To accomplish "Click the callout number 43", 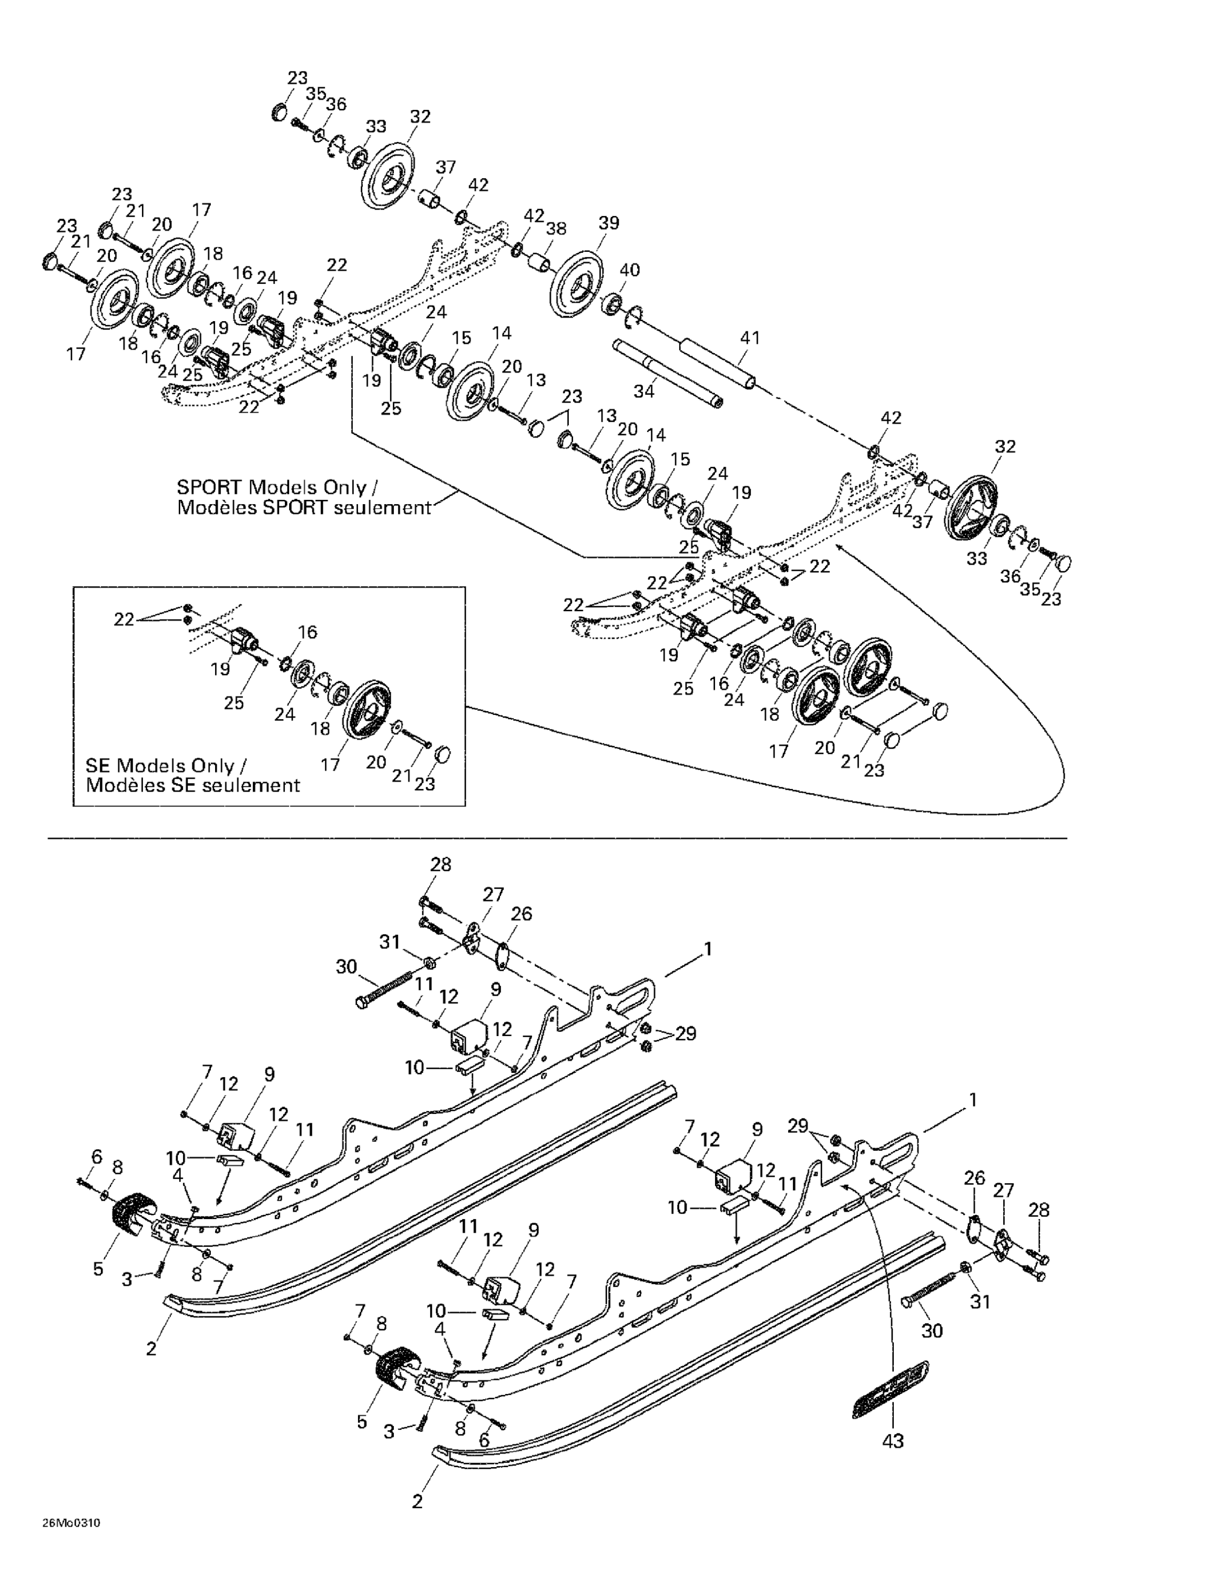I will coord(893,1440).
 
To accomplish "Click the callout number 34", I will coord(644,391).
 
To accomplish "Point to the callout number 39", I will coord(608,223).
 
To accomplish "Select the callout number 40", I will coord(629,270).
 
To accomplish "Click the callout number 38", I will coord(556,229).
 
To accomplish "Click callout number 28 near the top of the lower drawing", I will coord(441,864).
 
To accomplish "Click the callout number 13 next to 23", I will coord(536,381).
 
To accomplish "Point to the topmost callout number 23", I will coord(298,77).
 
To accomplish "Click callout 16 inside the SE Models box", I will coord(307,632).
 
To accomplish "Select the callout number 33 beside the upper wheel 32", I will coord(375,126).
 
